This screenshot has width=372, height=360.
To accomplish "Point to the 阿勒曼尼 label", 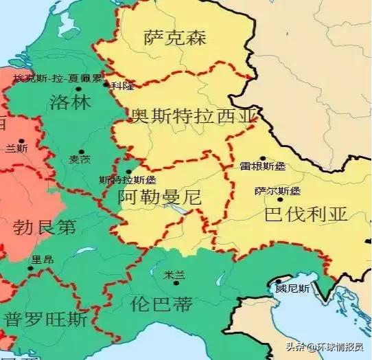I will click(159, 197).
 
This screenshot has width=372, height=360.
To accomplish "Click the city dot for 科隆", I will click(106, 85).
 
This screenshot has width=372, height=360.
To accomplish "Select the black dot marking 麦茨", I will click(81, 151).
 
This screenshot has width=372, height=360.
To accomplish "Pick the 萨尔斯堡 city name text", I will click(277, 190).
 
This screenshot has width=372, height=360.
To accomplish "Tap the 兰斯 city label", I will click(16, 148).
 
